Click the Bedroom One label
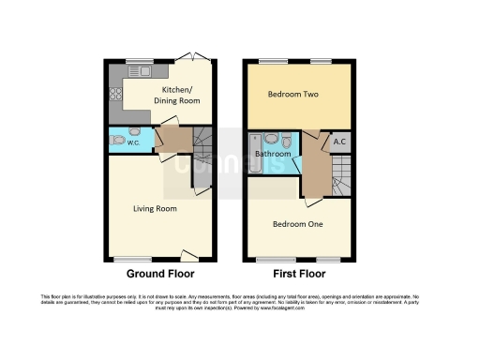tap(297, 224)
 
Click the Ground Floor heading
tap(160, 275)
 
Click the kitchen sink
tap(139, 74)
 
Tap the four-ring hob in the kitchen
tap(116, 94)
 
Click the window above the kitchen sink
tap(139, 62)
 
